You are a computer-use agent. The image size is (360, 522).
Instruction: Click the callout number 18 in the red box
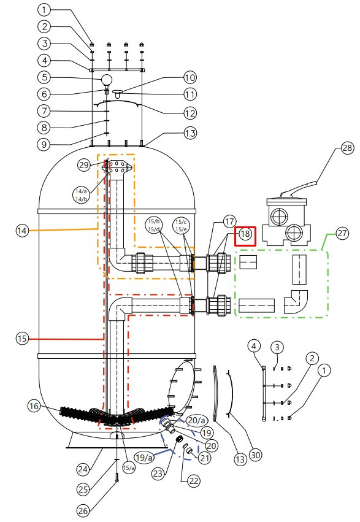click(x=245, y=234)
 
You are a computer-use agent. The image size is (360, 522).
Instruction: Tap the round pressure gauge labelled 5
click(x=107, y=80)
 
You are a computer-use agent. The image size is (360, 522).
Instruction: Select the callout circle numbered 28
click(x=347, y=147)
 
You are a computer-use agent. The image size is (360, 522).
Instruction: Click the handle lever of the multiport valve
click(x=299, y=188)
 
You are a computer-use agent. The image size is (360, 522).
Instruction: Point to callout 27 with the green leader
click(x=342, y=233)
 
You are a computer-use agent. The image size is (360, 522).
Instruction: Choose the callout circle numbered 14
click(x=22, y=231)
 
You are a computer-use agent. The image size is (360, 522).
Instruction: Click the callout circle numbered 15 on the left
click(x=22, y=339)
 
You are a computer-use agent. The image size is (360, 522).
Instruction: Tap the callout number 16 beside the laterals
click(x=34, y=406)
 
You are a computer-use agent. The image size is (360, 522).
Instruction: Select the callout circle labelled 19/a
click(x=144, y=458)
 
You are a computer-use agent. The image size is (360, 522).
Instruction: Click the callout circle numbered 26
click(x=83, y=510)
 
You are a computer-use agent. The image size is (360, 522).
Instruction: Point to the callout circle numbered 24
click(x=83, y=469)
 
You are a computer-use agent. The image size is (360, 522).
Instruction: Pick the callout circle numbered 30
click(x=255, y=454)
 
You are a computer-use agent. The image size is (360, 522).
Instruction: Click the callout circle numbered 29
click(x=84, y=165)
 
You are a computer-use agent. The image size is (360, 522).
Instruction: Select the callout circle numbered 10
click(x=190, y=77)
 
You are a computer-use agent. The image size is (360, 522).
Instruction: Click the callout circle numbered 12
click(x=190, y=113)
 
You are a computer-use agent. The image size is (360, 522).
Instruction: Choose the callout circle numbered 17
click(x=229, y=221)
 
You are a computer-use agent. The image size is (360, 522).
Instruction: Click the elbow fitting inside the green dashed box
click(x=296, y=302)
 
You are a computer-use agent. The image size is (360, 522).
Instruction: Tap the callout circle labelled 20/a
click(x=197, y=420)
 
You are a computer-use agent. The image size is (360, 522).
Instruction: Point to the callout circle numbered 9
click(x=44, y=145)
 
